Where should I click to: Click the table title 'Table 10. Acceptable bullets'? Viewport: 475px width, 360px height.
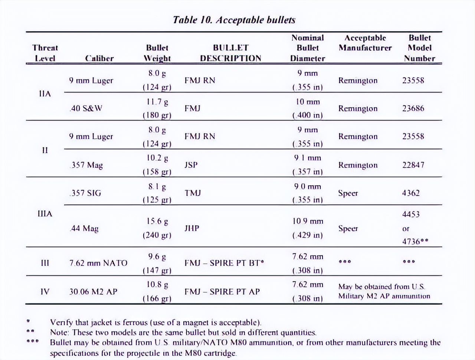(234, 20)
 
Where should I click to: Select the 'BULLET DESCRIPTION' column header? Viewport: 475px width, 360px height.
(230, 53)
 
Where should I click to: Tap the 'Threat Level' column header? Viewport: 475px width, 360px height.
(45, 53)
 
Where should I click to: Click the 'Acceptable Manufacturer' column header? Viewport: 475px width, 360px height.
(365, 43)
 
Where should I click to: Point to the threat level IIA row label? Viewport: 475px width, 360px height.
(45, 94)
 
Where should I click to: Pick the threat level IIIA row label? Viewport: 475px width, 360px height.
(45, 214)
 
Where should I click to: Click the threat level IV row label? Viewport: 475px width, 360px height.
(45, 291)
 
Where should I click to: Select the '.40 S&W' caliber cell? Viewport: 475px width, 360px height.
(86, 108)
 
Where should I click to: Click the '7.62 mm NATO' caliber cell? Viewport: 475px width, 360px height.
(98, 263)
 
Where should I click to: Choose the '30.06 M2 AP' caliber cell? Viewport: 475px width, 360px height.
(93, 292)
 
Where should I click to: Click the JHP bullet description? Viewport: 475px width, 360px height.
(191, 228)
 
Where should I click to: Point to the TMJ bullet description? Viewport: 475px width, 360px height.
(192, 193)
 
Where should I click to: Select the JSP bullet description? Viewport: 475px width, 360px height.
(191, 165)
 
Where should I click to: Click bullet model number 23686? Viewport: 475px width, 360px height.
(413, 108)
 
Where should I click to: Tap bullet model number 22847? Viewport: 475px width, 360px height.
(413, 165)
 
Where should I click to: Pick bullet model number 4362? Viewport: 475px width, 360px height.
(410, 193)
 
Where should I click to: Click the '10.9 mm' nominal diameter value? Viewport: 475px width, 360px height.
(308, 221)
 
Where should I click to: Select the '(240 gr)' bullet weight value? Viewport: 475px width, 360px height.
(157, 235)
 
